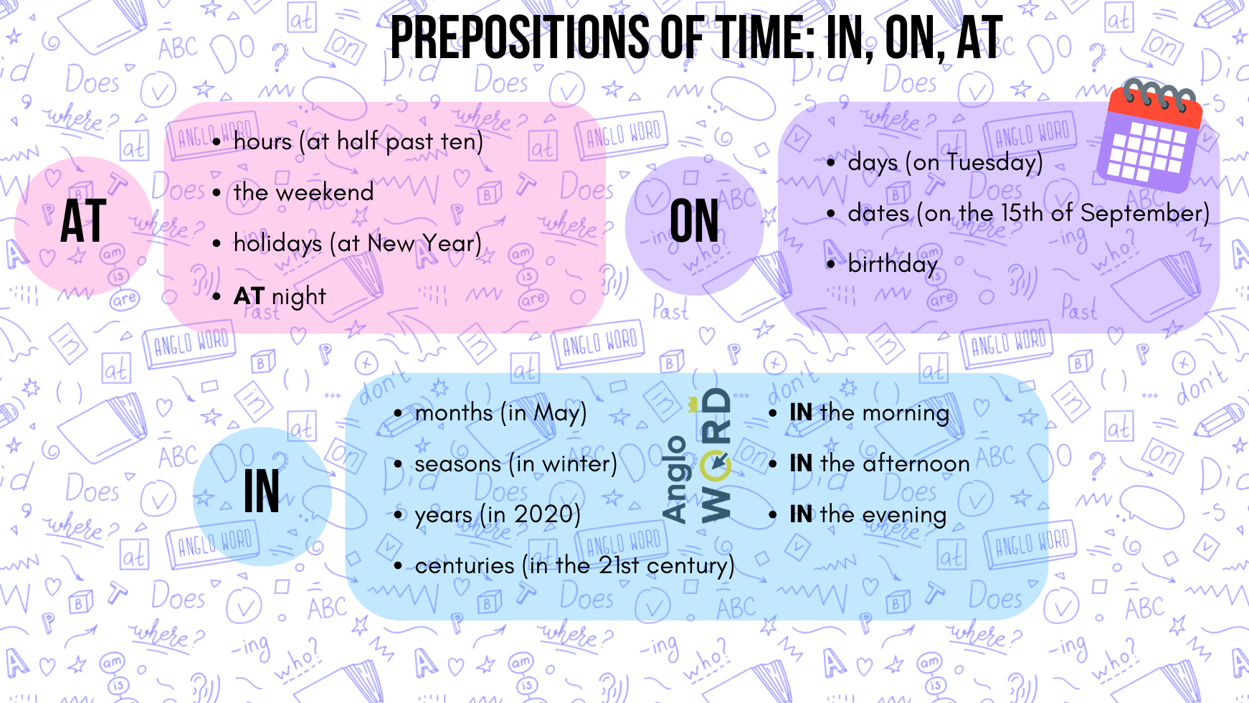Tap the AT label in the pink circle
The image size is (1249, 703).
(83, 222)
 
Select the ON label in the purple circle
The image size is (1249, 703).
(694, 222)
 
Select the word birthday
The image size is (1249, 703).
(893, 265)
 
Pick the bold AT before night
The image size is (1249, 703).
(249, 296)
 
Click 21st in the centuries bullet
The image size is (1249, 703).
(619, 566)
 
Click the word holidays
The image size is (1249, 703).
(277, 244)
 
